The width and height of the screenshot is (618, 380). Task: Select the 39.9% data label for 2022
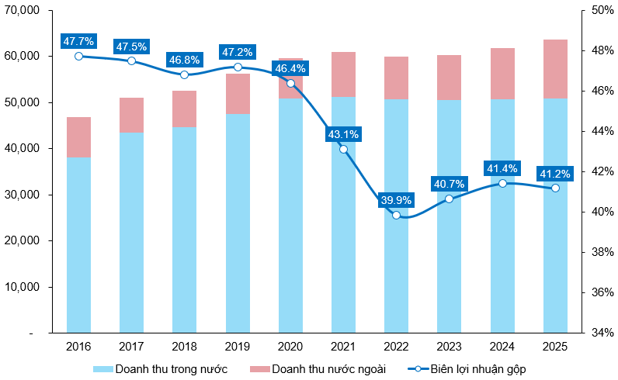tap(396, 201)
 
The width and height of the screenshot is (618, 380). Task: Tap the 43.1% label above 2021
tap(343, 134)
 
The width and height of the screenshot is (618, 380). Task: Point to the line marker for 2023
tap(450, 199)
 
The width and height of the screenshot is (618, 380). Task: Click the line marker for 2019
tap(238, 67)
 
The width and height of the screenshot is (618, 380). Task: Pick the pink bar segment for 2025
tap(555, 69)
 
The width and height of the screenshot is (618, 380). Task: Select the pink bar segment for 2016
tap(78, 137)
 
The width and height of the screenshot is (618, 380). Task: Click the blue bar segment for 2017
tap(131, 233)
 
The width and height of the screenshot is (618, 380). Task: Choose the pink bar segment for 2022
tap(396, 78)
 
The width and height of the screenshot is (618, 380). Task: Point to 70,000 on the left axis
tap(26, 11)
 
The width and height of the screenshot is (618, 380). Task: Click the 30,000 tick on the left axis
tap(26, 195)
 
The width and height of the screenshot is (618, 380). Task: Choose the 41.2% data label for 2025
tap(555, 172)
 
